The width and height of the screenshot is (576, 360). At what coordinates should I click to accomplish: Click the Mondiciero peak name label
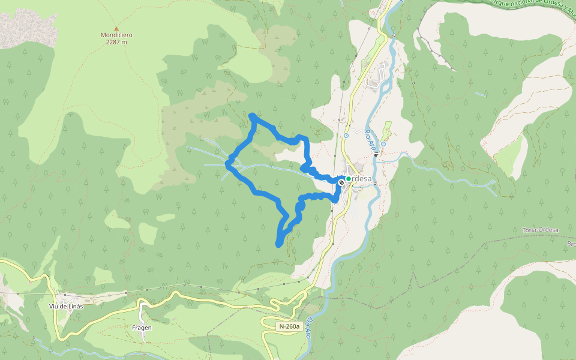116,35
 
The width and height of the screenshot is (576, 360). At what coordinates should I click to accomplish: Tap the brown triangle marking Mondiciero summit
116,28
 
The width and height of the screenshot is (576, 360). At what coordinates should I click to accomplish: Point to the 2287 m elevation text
116,42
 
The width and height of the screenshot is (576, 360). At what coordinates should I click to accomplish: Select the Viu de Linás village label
66,305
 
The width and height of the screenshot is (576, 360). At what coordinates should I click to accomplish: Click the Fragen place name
142,328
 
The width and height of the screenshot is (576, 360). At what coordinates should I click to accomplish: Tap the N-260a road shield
289,326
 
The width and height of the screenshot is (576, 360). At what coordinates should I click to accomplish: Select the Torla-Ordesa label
541,230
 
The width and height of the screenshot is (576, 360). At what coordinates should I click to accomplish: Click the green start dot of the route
348,179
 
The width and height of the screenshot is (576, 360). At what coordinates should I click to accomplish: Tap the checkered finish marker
341,181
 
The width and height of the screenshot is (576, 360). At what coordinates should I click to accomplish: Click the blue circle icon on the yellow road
346,136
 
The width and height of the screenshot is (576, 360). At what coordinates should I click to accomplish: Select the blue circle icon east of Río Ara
383,144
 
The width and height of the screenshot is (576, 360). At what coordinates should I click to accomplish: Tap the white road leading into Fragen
143,312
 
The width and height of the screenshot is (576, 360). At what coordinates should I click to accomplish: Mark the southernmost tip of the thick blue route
278,244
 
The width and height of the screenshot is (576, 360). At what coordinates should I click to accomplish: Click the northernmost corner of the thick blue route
253,115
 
